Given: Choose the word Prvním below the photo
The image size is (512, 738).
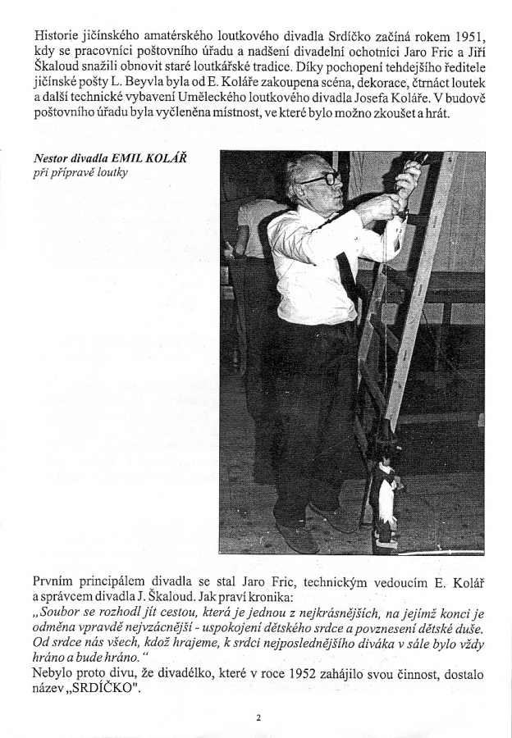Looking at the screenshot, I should coord(57,583).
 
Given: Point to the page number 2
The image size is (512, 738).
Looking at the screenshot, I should coord(258,719).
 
